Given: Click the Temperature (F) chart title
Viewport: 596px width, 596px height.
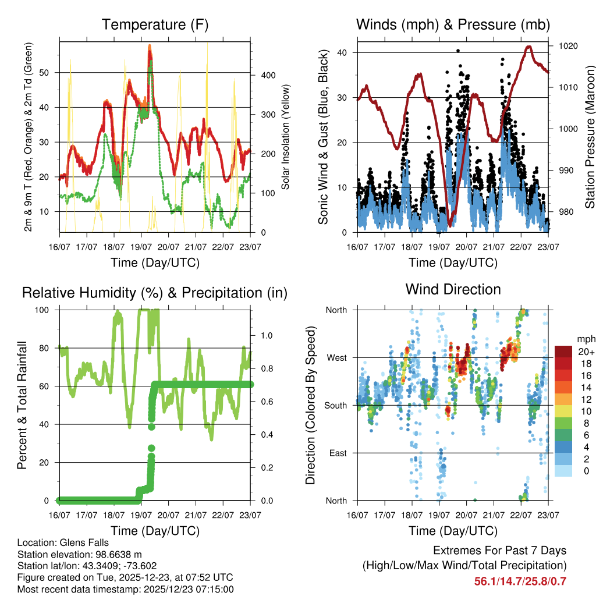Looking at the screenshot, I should [155, 24].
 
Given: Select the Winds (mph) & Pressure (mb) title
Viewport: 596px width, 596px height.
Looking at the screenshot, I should [453, 24].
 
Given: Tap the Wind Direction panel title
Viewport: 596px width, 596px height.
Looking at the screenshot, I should [453, 289].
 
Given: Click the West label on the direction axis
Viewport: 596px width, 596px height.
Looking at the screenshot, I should [336, 357].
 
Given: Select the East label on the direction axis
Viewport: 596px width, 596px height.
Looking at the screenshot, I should [338, 453].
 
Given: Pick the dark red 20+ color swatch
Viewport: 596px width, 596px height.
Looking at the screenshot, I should [563, 351].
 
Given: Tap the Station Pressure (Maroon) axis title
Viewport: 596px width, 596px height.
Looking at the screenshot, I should [589, 137].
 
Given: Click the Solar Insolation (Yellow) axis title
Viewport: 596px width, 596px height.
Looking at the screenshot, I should [286, 137].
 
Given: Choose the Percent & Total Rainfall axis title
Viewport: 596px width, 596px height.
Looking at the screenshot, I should [22, 406].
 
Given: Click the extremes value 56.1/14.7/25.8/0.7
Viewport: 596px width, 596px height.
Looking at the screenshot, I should [520, 581].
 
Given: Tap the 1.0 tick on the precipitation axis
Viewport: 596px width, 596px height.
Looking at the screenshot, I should [266, 336].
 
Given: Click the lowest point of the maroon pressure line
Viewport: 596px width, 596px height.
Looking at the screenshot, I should [449, 225].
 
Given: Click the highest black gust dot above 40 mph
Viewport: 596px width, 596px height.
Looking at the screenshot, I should [457, 51].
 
